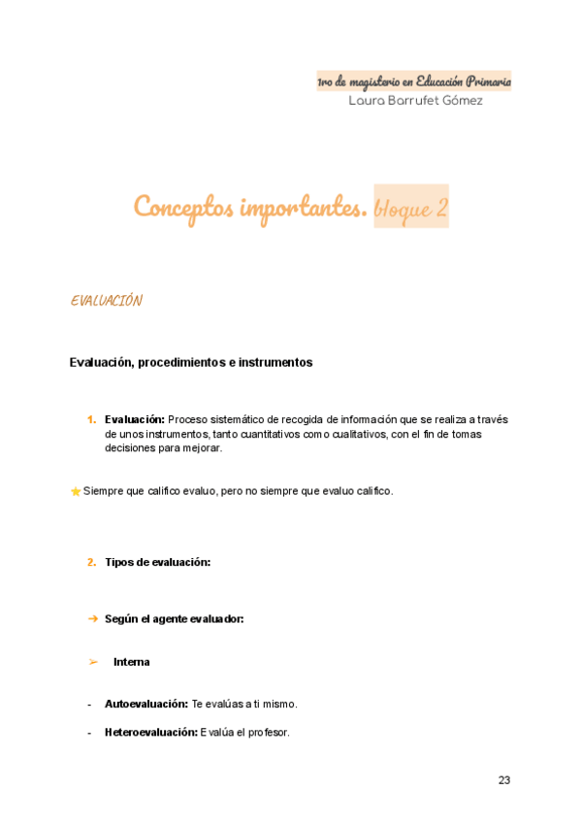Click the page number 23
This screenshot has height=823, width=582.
pos(504,780)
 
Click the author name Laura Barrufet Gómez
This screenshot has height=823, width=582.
pos(415,101)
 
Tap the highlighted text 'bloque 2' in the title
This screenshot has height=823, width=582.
pos(411,208)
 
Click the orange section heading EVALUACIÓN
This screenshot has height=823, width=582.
pos(107,301)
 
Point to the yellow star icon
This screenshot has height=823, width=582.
pos(76,492)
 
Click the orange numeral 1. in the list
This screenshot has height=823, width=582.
pos(91,419)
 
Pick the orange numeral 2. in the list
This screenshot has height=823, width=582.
pos(91,562)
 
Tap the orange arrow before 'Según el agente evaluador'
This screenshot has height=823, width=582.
pos(92,618)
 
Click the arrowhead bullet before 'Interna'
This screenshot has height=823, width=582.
pos(93,662)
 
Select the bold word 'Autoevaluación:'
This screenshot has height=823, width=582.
pos(146,704)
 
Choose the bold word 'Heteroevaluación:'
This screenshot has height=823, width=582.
pos(150,732)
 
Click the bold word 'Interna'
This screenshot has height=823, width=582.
pos(132,662)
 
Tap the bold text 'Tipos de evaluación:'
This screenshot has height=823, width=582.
pos(157,562)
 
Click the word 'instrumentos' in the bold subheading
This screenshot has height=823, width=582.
pos(278,363)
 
